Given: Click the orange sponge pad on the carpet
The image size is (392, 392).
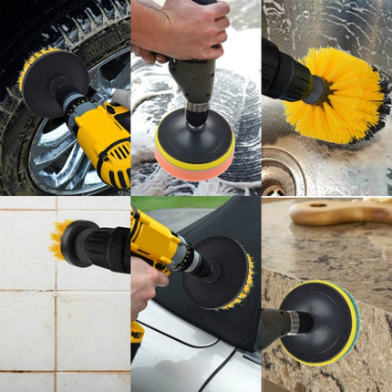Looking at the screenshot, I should (193, 164).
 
